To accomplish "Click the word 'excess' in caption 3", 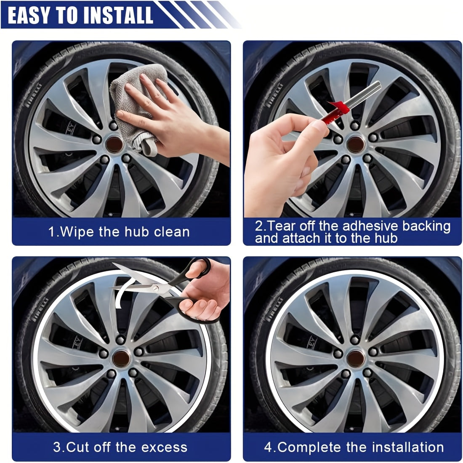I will [x=165, y=447].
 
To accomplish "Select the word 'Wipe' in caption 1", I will [x=78, y=232].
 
